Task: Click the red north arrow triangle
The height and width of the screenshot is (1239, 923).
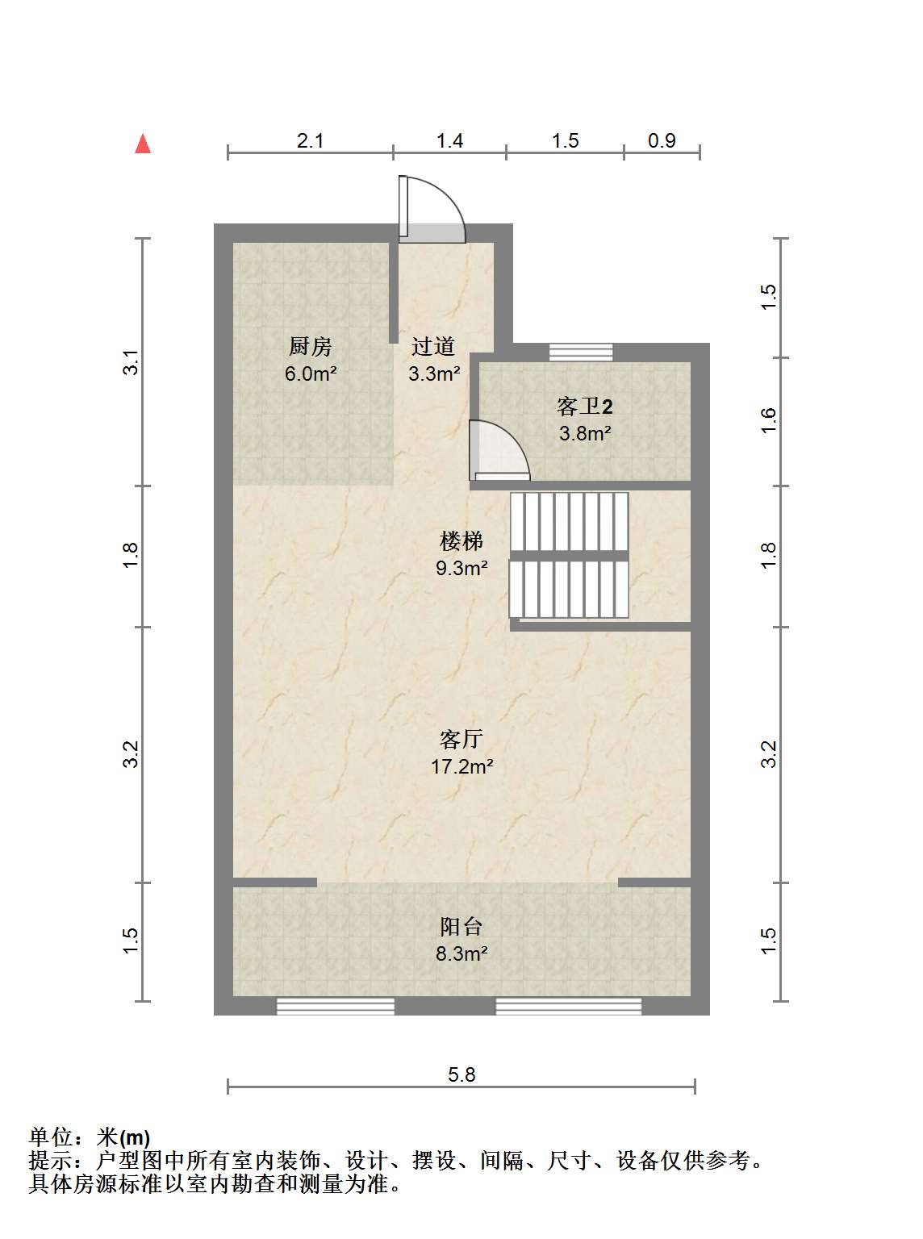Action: pyautogui.click(x=143, y=144)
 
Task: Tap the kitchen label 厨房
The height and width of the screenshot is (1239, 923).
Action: pyautogui.click(x=310, y=346)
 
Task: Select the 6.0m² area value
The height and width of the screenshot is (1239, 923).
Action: pyautogui.click(x=311, y=373)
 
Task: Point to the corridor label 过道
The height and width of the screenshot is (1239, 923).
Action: pyautogui.click(x=433, y=346)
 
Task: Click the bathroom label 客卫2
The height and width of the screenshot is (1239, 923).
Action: pyautogui.click(x=584, y=406)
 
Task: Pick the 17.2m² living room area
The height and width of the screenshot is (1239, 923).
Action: pyautogui.click(x=461, y=766)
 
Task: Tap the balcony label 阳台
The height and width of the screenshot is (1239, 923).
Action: pyautogui.click(x=461, y=926)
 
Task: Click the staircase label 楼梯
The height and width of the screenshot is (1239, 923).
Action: pyautogui.click(x=461, y=540)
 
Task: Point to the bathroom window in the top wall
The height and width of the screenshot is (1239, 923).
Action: pyautogui.click(x=581, y=352)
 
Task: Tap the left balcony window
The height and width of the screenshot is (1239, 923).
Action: pyautogui.click(x=336, y=1007)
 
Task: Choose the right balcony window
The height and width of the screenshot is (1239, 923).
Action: pyautogui.click(x=569, y=1007)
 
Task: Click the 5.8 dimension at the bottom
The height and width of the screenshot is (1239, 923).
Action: pyautogui.click(x=461, y=1074)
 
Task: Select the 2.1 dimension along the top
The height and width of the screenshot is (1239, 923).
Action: pyautogui.click(x=310, y=140)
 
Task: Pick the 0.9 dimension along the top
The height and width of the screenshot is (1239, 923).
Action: pyautogui.click(x=662, y=140)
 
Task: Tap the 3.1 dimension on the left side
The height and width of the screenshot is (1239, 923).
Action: pyautogui.click(x=131, y=362)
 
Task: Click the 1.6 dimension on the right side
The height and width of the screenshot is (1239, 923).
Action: pyautogui.click(x=769, y=420)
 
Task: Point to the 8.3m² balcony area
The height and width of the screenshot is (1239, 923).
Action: pyautogui.click(x=462, y=953)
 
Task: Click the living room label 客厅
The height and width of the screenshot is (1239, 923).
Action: pyautogui.click(x=461, y=739)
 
